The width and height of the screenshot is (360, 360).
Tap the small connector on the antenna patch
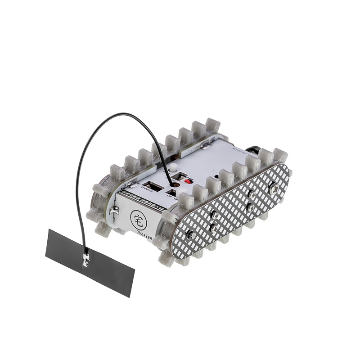[x=85, y=259]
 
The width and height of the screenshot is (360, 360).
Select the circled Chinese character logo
[x=138, y=219]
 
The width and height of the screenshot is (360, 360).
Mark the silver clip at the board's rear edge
[x=207, y=145]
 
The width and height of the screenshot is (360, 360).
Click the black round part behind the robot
[x=256, y=150]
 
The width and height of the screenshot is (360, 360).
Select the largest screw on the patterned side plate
[x=273, y=189]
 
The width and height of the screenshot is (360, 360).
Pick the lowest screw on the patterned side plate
[x=190, y=234]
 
